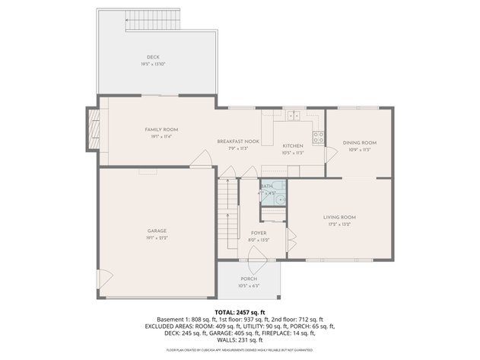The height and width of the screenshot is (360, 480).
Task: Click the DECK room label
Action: coord(154,58)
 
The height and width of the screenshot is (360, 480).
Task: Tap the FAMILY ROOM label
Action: coord(161,130)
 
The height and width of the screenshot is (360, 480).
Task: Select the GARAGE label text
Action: coord(157,231)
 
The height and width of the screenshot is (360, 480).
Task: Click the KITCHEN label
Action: coord(293,145)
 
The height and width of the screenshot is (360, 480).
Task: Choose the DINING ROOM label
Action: coord(359,142)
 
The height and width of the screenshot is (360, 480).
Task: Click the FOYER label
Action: coord(258,233)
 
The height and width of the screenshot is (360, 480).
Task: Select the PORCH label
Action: coord(249,279)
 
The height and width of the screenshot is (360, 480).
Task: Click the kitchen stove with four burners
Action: coord(319,138)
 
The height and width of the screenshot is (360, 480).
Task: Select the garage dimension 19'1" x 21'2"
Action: coord(157,237)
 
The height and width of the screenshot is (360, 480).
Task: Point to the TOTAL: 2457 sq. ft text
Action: coord(240,312)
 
